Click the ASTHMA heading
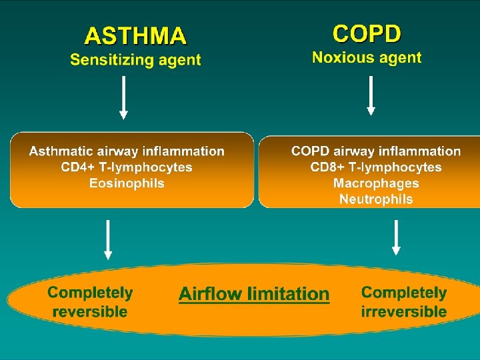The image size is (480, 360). point(135,35)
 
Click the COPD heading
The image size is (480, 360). point(367,33)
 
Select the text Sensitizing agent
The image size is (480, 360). point(135,60)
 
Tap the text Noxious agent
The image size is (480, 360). point(367,57)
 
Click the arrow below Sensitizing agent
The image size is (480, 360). point(123,97)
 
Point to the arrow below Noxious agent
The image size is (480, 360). point(371,95)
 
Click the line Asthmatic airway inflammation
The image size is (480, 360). point(127,152)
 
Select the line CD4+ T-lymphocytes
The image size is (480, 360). point(127,167)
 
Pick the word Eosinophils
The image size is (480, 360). point(127,183)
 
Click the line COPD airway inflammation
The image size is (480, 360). point(376,151)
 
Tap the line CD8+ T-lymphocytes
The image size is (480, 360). point(376,167)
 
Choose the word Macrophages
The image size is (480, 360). point(376,183)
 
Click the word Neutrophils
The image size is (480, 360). point(376,199)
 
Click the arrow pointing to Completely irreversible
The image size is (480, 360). point(396,237)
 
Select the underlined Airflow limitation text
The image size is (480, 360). point(254,294)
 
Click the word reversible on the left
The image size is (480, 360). point(89,311)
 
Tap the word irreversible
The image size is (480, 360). point(404,311)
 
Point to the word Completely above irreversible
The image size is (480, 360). point(404,293)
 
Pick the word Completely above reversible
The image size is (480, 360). point(90,293)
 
